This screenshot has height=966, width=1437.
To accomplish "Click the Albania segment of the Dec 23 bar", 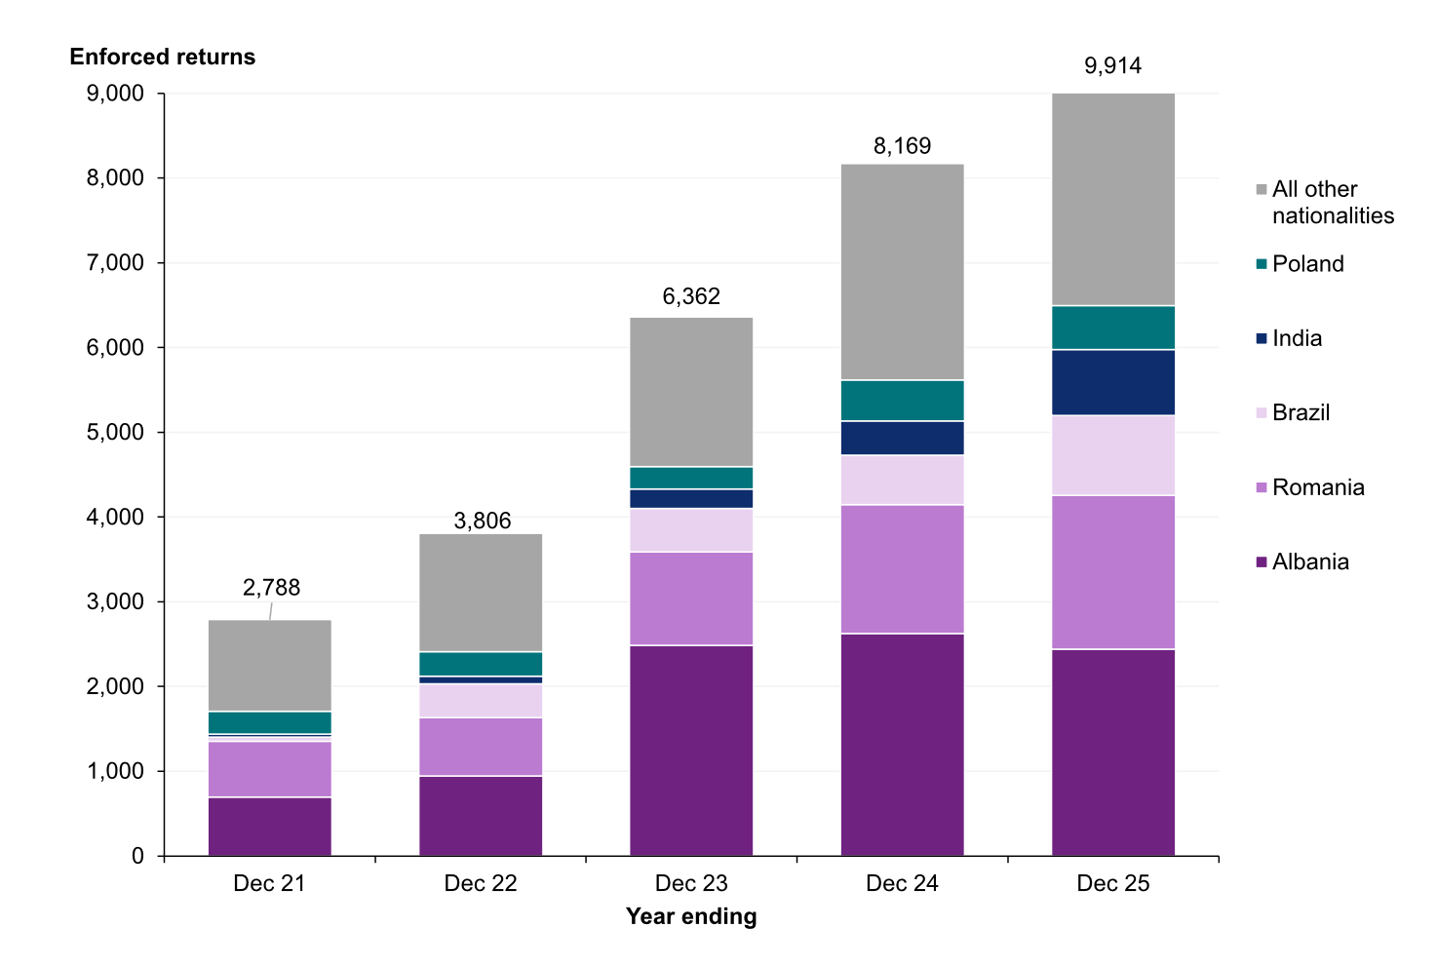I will click(691, 750).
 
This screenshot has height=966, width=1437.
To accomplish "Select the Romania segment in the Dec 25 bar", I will click(1112, 571).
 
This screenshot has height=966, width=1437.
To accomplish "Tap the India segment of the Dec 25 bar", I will click(1112, 382).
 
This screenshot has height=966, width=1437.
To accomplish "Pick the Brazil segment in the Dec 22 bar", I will click(481, 700).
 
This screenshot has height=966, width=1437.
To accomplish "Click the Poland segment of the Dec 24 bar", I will click(902, 400).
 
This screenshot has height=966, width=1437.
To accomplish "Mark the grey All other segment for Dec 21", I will click(270, 666).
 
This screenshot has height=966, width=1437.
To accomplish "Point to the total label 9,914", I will click(1112, 66).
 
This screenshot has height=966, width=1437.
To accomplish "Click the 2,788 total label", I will click(271, 588).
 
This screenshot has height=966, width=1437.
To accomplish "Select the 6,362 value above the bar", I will click(691, 296).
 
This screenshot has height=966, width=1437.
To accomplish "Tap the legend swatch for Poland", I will click(1262, 264).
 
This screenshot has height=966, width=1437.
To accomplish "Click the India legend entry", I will click(1297, 338).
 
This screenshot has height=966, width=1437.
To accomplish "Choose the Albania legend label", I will click(1310, 561).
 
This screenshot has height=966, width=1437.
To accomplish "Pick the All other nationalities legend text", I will click(1332, 203).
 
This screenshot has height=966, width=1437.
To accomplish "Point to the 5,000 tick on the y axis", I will click(115, 432).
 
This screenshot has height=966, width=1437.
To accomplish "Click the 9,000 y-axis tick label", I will click(115, 94).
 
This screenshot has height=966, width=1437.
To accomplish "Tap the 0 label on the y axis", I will click(137, 856).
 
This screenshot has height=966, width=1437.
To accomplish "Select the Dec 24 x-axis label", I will click(902, 883).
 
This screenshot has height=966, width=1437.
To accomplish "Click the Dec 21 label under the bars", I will click(270, 883).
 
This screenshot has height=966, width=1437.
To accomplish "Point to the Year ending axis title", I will click(691, 916).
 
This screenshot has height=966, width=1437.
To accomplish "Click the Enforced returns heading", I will click(163, 57).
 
